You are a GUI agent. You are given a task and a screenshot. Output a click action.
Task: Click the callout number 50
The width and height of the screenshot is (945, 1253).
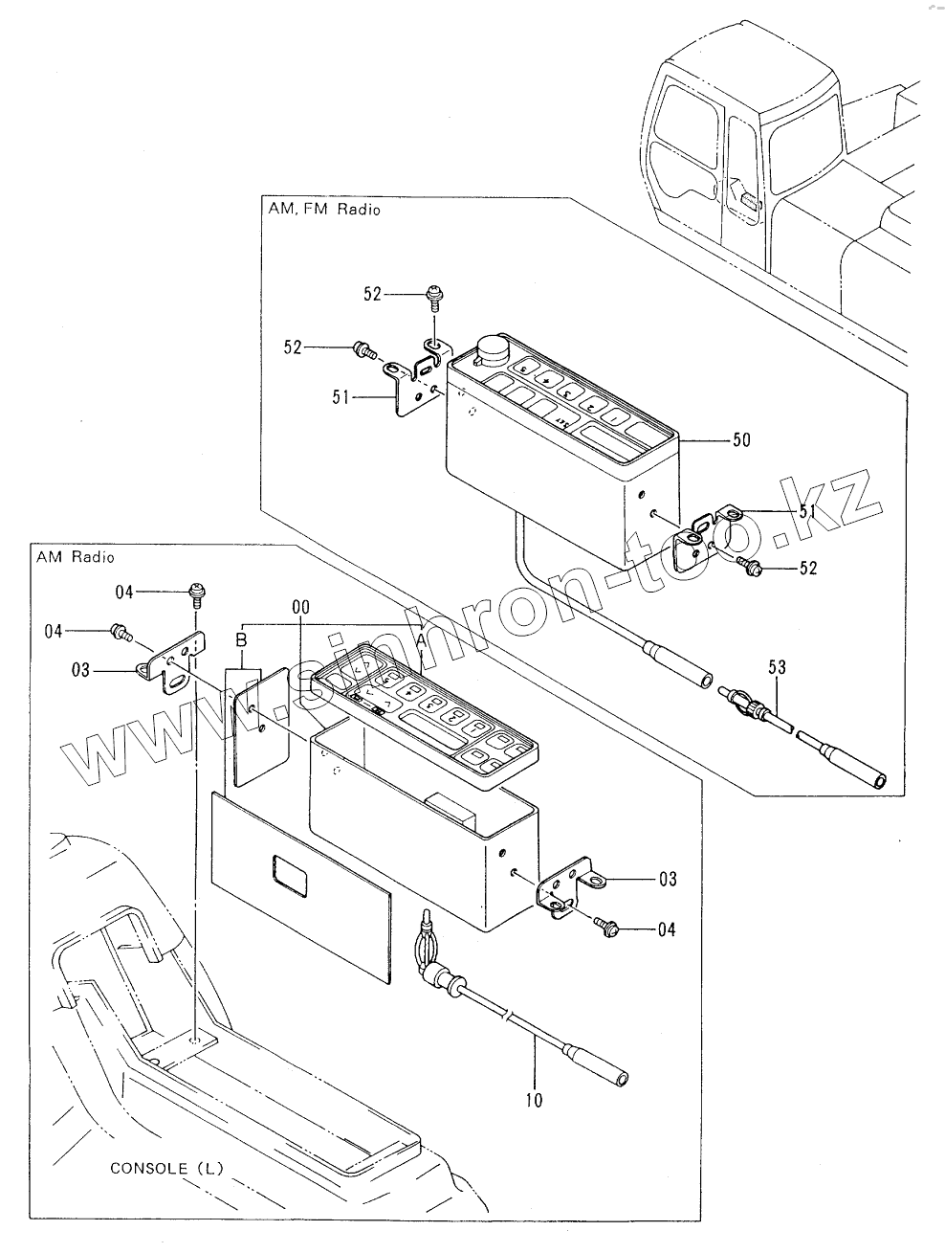[x=740, y=440]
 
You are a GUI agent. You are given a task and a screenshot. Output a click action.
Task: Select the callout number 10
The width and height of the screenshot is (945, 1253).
[x=534, y=1100]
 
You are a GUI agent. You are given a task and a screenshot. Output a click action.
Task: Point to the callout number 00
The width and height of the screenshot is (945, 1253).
[x=301, y=608]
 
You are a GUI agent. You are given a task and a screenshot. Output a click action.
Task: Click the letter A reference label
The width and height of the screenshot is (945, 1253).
[x=421, y=636]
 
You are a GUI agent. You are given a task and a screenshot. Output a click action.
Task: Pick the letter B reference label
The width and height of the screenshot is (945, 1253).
[x=241, y=638]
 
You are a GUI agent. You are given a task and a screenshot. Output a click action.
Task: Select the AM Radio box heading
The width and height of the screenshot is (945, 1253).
[x=74, y=557]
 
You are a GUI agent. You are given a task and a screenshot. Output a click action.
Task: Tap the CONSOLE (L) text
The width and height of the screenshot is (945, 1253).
[x=165, y=1168]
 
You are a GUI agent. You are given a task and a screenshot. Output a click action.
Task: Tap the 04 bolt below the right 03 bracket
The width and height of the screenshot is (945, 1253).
[x=609, y=927]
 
